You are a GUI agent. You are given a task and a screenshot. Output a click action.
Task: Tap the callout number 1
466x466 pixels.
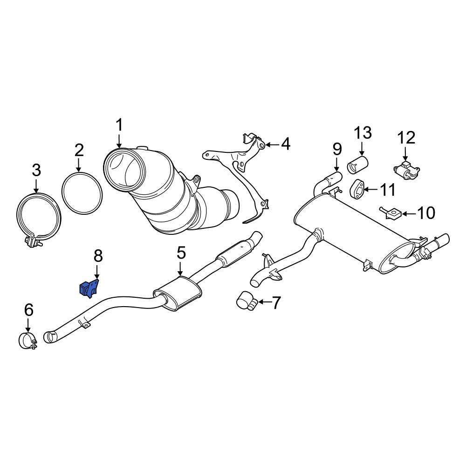[x=119, y=125]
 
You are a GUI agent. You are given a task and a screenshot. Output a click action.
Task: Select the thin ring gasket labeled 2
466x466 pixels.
[x=82, y=192]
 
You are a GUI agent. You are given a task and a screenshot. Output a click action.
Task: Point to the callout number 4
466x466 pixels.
[x=285, y=144]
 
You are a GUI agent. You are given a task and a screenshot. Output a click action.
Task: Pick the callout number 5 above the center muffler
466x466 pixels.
[x=181, y=254]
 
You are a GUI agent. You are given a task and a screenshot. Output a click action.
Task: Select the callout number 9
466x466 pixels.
[x=337, y=150]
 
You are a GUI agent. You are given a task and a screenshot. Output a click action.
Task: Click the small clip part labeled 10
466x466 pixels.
[x=391, y=213]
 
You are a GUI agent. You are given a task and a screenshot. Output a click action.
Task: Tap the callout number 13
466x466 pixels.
[x=363, y=133]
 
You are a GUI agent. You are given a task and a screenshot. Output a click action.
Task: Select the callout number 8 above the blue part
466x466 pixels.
[x=98, y=256]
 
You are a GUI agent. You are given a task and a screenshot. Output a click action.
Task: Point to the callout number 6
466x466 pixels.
[x=28, y=309]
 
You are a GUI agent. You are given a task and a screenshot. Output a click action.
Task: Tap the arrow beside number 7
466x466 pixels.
[x=264, y=302]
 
